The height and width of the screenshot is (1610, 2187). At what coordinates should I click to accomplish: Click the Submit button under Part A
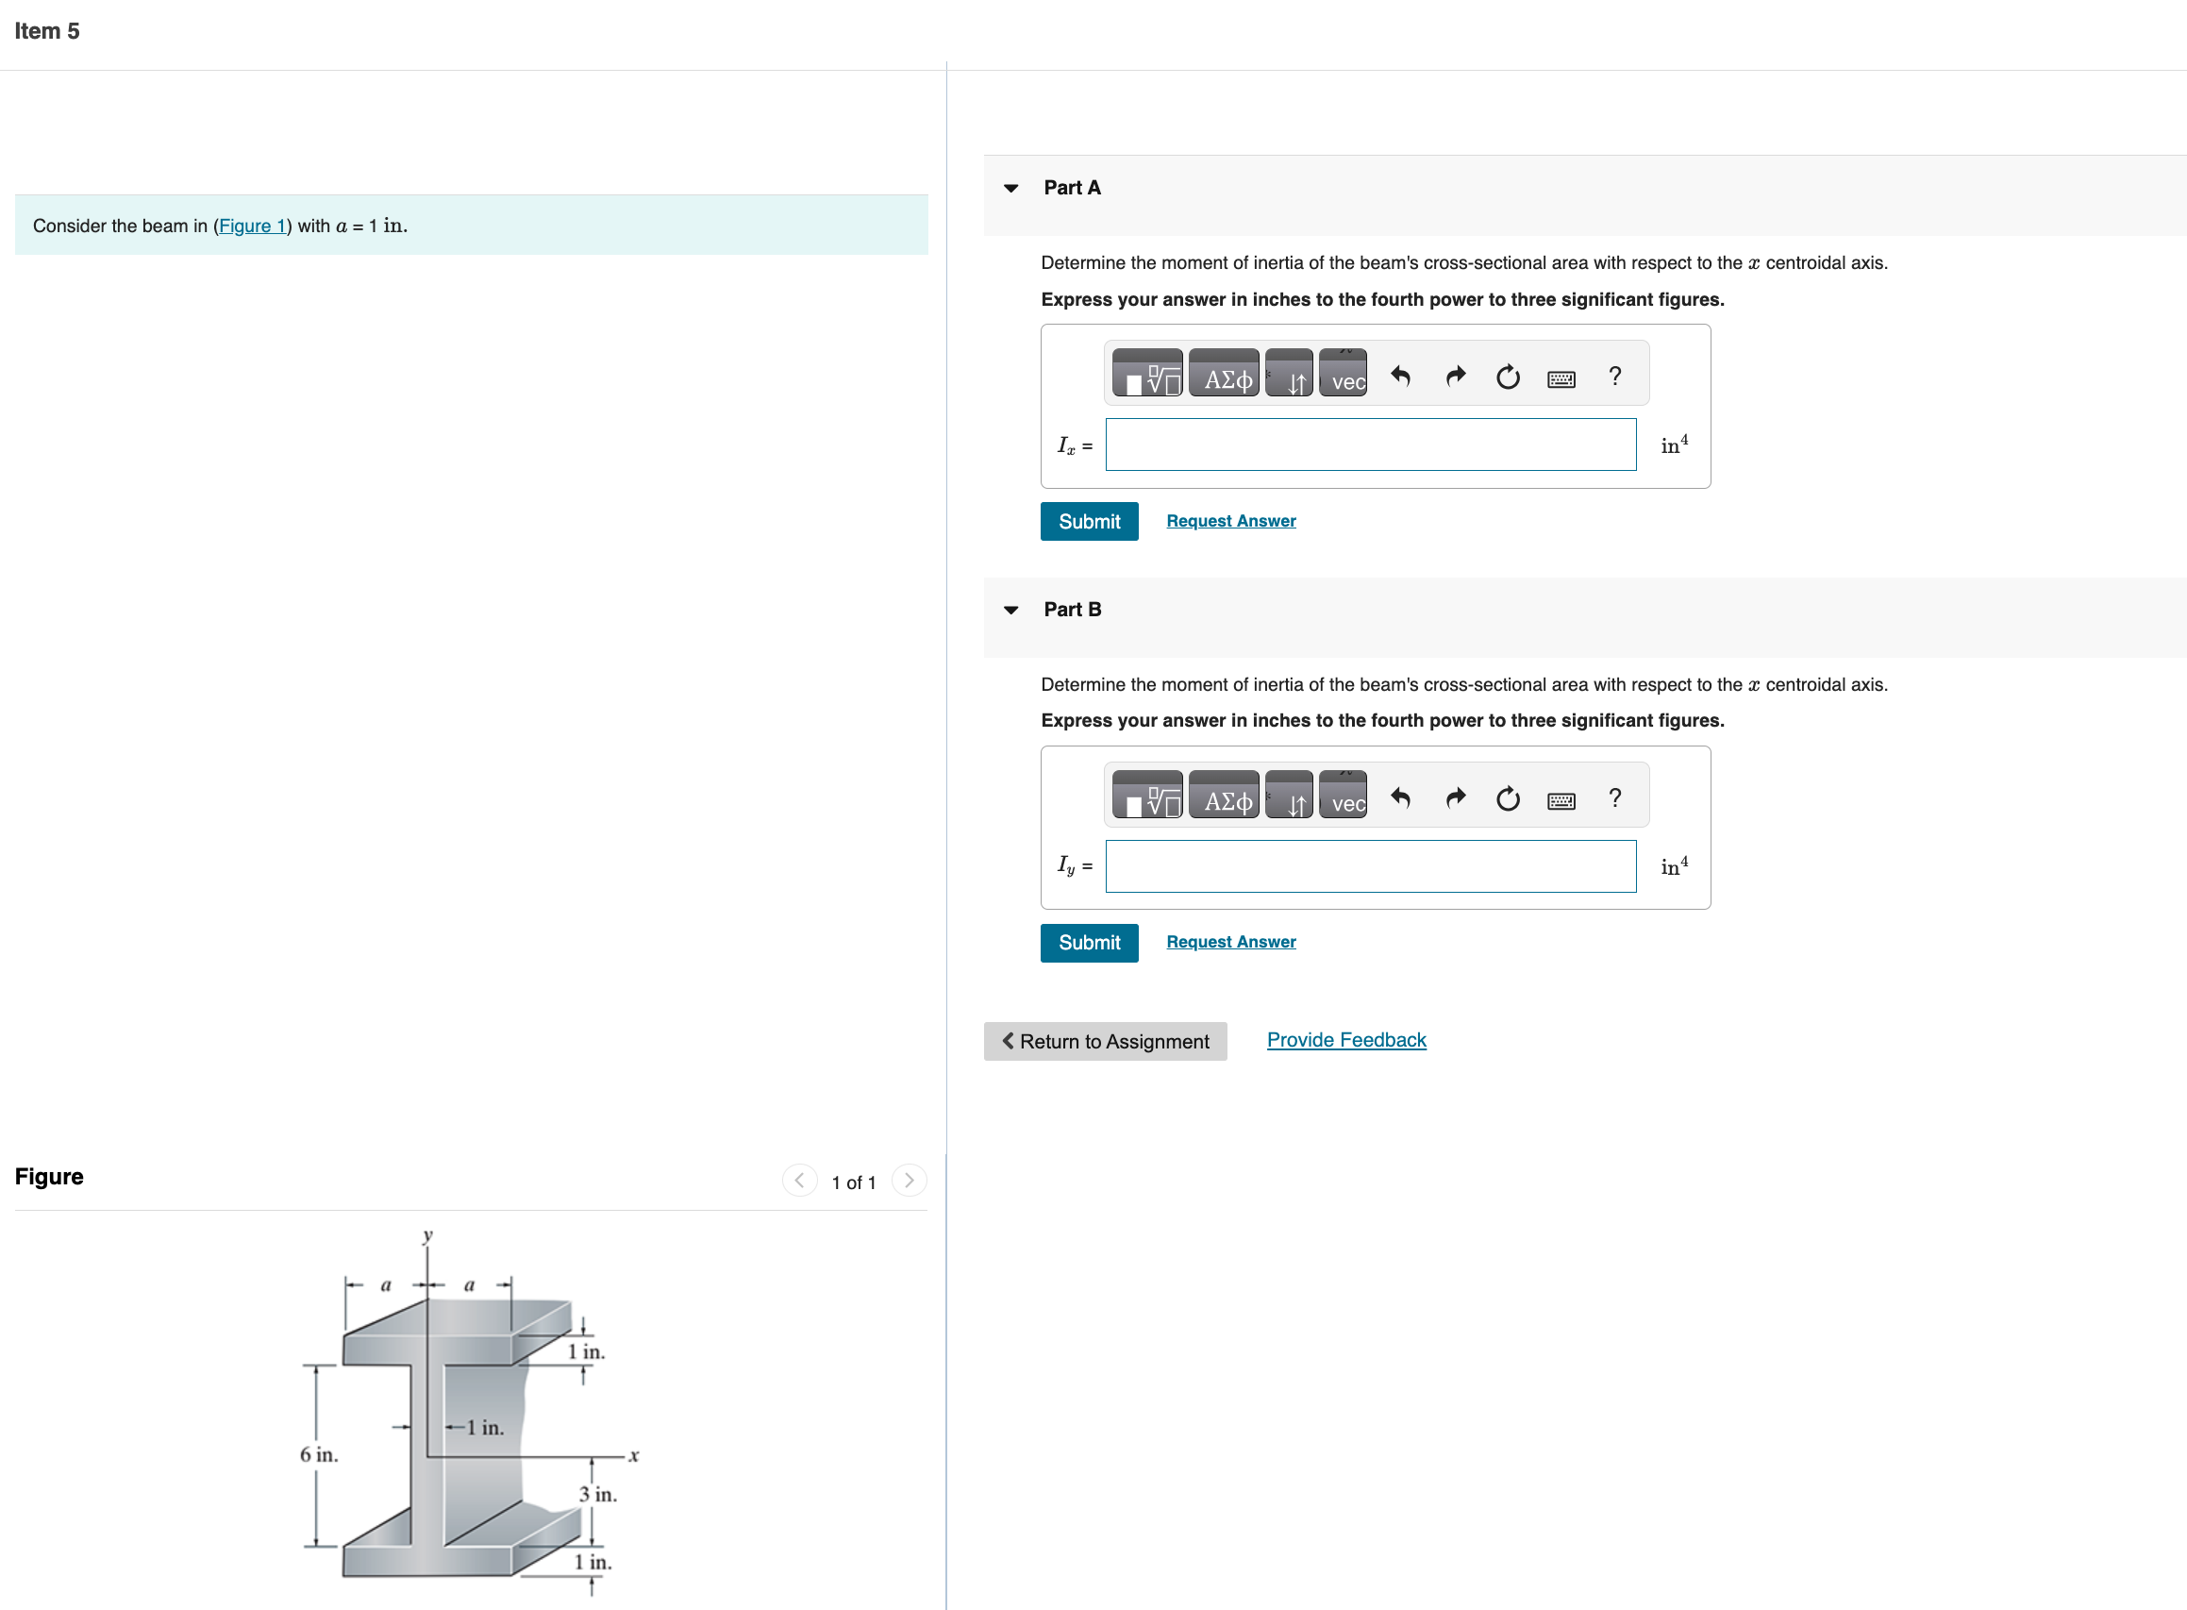click(x=1088, y=521)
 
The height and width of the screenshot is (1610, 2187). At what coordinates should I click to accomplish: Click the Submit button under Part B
click(x=1088, y=943)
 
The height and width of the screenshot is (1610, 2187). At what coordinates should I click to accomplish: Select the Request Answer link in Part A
click(x=1230, y=521)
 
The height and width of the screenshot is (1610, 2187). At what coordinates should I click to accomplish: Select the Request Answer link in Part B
click(x=1230, y=943)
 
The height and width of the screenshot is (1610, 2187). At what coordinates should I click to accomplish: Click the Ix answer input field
click(x=1370, y=445)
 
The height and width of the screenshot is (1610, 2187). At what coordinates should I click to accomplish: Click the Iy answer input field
click(x=1370, y=866)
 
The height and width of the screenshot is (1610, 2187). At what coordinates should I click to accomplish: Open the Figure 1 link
click(x=252, y=226)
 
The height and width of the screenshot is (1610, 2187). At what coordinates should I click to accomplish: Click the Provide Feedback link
click(x=1345, y=1040)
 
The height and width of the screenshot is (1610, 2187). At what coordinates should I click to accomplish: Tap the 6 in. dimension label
click(x=319, y=1455)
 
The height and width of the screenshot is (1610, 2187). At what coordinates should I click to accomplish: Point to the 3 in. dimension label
click(x=597, y=1494)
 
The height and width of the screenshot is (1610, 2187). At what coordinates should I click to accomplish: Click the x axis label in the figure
click(x=633, y=1456)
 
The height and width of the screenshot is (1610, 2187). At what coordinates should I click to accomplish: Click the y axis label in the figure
click(x=426, y=1235)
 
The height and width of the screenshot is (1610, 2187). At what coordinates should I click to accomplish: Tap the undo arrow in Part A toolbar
click(x=1400, y=377)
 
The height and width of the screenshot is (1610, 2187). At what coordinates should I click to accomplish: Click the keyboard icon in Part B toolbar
click(x=1561, y=800)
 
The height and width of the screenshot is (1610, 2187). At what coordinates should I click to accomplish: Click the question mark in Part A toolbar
click(x=1614, y=377)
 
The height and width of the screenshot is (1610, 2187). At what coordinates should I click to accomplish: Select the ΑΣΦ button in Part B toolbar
click(x=1225, y=800)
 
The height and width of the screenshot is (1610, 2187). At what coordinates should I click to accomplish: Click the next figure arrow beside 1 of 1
click(x=909, y=1182)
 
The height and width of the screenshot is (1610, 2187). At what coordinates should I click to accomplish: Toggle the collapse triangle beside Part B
click(x=1011, y=610)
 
